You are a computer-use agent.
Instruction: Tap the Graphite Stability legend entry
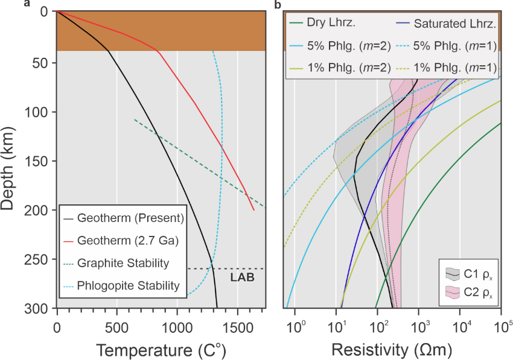click(x=124, y=263)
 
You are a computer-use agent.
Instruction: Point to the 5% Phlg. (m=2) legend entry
click(x=338, y=47)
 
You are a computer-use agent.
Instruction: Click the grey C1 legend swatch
click(x=453, y=273)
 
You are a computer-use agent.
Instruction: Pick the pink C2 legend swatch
click(x=453, y=294)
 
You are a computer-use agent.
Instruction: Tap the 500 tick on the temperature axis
click(x=116, y=329)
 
